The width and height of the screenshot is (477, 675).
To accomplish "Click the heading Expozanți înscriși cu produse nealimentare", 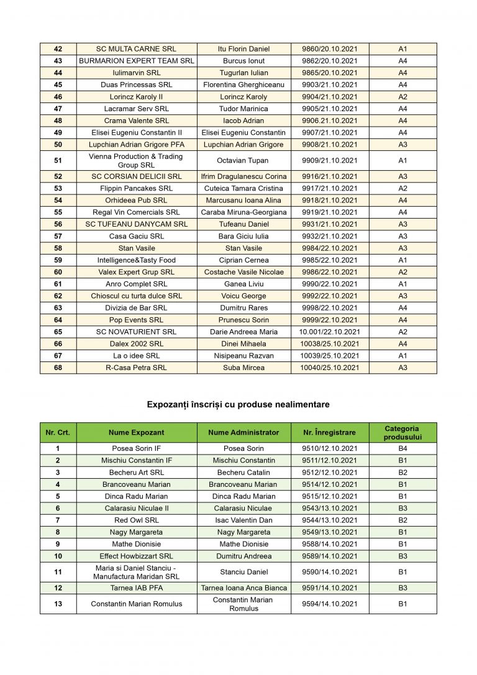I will (238, 404).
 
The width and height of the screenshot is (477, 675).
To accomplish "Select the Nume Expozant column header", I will (137, 432).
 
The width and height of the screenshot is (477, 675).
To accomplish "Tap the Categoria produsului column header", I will (402, 432).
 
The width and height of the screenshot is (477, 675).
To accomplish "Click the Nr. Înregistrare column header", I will (330, 432).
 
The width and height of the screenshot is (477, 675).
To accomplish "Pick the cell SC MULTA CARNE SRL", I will (137, 49).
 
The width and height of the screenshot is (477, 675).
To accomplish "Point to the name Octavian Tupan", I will (244, 160).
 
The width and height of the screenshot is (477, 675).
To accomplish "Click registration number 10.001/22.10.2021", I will (330, 332).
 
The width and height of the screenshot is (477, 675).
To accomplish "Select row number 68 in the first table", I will (58, 368).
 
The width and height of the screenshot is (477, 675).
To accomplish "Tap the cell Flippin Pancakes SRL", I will (137, 188).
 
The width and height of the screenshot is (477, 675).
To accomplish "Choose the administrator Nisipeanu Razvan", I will (244, 356).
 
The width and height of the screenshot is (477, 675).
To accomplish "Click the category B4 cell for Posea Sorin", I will (402, 448).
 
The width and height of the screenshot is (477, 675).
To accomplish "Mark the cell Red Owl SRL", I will (137, 520).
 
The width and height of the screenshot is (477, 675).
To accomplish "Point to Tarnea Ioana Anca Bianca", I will (244, 587).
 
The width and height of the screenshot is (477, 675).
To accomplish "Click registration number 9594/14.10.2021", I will (330, 604).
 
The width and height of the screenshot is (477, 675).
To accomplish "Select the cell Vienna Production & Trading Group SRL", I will (137, 160).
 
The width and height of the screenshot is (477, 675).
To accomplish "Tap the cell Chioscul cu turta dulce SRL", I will (137, 296).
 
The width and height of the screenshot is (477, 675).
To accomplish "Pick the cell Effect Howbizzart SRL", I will (137, 556).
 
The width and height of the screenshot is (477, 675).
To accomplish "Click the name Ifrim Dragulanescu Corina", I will (244, 176).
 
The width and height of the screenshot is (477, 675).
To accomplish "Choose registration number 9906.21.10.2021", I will (330, 120).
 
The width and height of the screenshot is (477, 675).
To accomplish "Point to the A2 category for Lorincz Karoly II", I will (402, 97).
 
